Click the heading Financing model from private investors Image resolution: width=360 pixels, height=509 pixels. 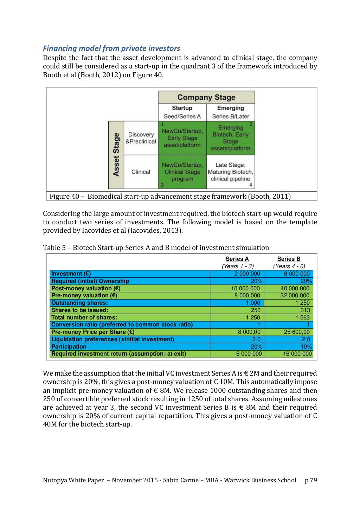coord(111,48)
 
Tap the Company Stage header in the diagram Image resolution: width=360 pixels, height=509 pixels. coord(206,97)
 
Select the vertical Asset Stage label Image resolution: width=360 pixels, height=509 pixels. coord(116,155)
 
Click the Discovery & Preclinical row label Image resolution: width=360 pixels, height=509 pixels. coord(141,138)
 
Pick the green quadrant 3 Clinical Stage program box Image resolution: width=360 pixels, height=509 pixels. coord(182,172)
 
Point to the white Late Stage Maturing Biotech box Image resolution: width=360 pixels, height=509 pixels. coord(230,172)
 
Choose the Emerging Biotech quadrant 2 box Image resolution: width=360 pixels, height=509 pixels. coord(230,138)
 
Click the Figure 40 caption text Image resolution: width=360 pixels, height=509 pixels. coord(170,196)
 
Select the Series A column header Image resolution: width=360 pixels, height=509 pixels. coord(237,259)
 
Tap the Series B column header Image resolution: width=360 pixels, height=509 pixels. coord(289,259)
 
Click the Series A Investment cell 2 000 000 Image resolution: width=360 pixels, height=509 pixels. coord(247,274)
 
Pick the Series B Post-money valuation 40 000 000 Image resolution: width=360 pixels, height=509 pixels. coord(295,289)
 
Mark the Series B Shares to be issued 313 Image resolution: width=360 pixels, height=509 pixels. coord(305,310)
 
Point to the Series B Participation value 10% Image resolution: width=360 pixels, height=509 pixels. coord(306,347)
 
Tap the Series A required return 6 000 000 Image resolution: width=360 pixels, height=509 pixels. coord(249,354)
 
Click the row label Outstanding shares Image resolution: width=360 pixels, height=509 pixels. coord(79,303)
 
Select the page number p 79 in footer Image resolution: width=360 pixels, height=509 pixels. coord(311,480)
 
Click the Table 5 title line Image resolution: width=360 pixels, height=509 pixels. coord(156,248)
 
